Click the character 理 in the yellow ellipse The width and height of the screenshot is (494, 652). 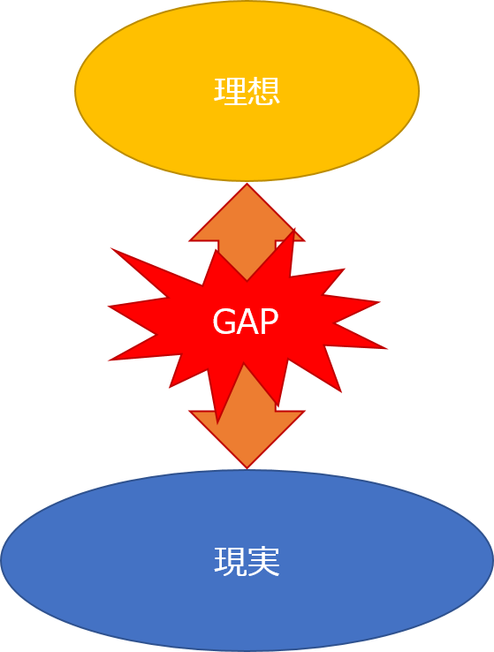230,91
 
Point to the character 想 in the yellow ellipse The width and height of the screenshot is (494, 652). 263,91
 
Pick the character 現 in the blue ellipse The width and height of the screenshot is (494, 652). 230,561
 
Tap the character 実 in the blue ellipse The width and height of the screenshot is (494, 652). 263,561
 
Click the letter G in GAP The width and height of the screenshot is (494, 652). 223,321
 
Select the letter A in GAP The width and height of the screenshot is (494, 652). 246,321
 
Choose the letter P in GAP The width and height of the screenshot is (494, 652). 268,321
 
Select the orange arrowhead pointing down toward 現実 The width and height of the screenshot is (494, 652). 247,432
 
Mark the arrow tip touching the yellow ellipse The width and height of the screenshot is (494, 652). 247,184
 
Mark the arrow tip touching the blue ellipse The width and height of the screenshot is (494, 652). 247,468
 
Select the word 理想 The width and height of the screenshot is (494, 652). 247,91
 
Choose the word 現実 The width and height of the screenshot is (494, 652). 247,561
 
